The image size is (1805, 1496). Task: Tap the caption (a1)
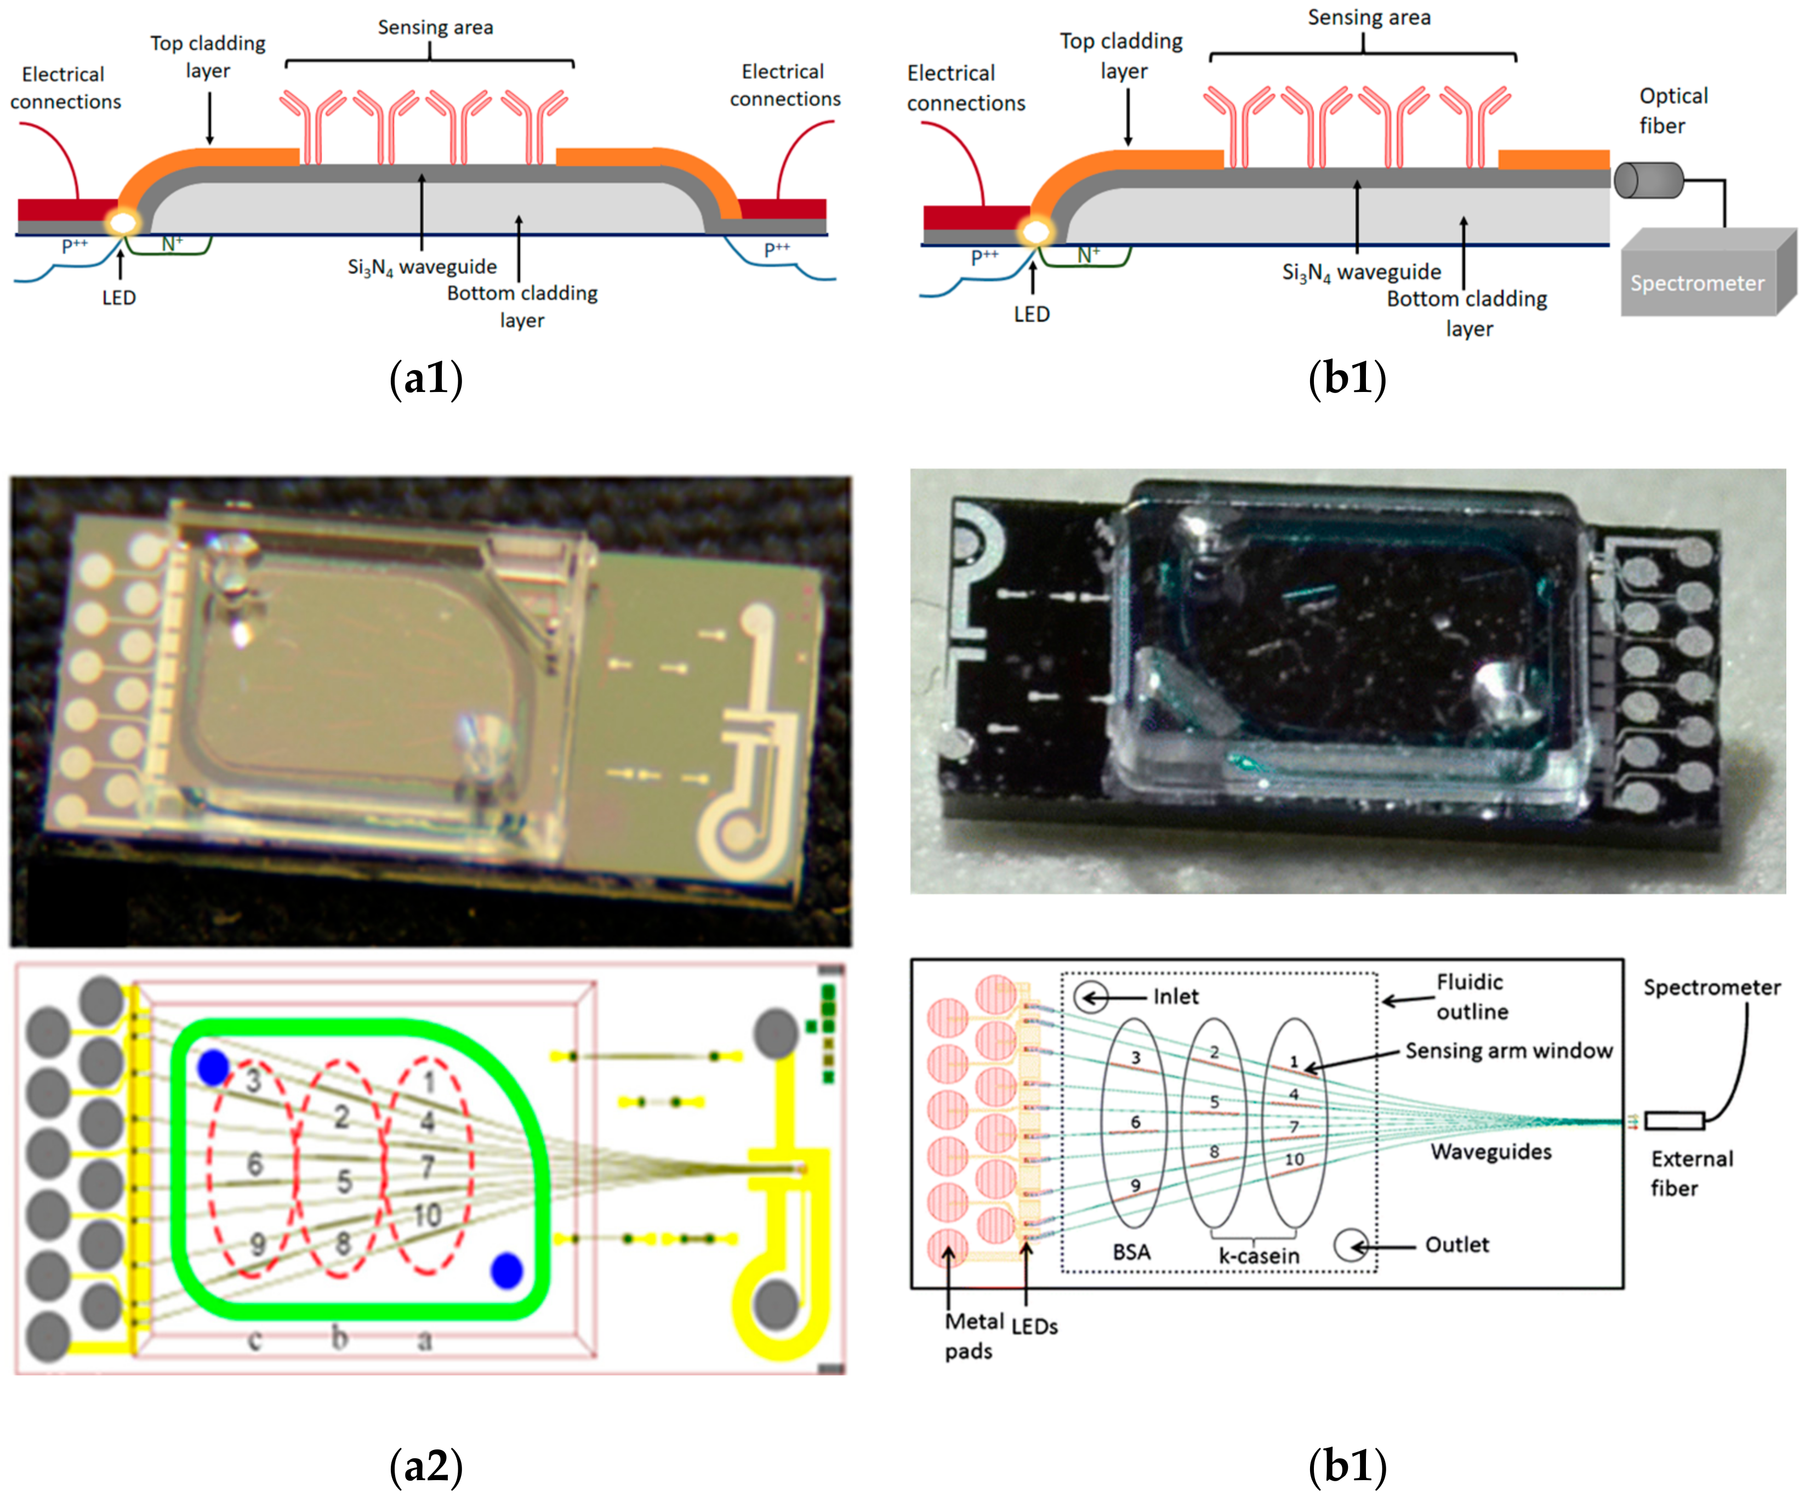(x=426, y=378)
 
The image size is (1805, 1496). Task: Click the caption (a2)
(x=426, y=1466)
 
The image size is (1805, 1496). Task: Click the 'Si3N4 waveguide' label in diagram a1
(x=422, y=268)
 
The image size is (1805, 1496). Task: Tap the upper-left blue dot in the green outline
(x=213, y=1067)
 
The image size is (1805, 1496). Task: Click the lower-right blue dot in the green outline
(x=506, y=1270)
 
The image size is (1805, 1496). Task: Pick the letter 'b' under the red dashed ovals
(x=340, y=1337)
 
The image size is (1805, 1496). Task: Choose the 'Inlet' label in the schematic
(x=1175, y=997)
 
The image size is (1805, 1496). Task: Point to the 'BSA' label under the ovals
(x=1131, y=1252)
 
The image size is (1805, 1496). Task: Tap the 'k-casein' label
(x=1259, y=1256)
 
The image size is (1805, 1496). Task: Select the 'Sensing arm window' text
(x=1508, y=1051)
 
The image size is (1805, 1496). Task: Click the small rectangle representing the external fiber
(x=1675, y=1120)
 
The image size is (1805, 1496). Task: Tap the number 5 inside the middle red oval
(x=344, y=1181)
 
